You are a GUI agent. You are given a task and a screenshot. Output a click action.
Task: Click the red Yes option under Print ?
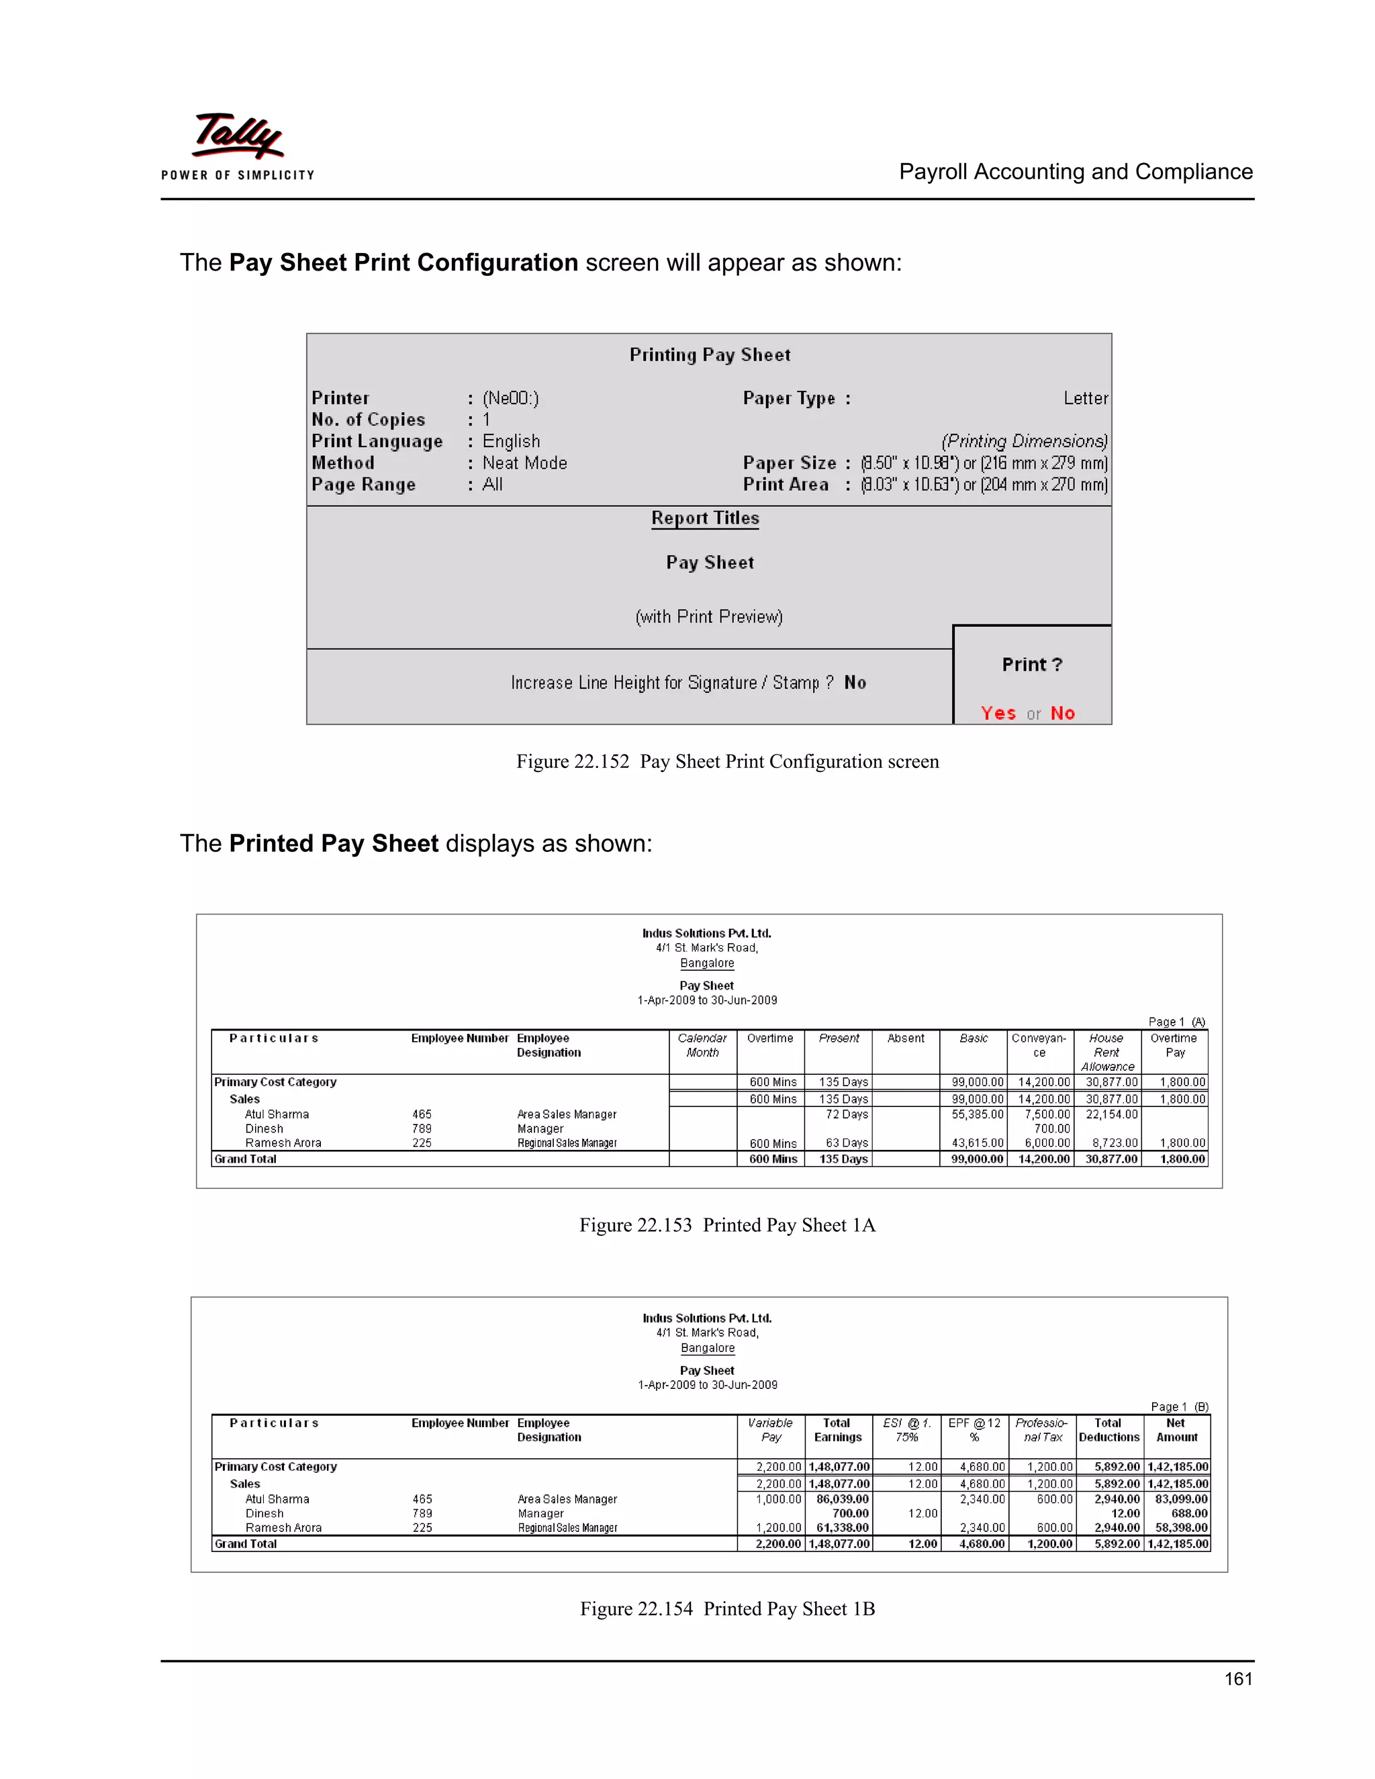pos(998,713)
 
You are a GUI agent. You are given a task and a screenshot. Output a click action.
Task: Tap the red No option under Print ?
pos(1062,713)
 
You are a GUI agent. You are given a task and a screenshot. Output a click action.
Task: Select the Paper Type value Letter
pos(1085,398)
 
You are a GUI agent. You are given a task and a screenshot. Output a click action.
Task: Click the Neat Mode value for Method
pos(524,463)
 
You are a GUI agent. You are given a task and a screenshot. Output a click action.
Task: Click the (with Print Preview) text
pos(709,617)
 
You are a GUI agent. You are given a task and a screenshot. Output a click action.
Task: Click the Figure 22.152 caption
pos(726,762)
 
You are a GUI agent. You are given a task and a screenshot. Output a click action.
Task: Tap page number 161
pos(1237,1678)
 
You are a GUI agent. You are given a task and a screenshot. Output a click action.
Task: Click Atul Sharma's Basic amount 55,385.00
pos(978,1114)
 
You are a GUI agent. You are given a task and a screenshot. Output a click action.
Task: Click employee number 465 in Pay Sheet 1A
pos(422,1114)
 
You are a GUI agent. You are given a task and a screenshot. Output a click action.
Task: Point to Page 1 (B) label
pos(1179,1406)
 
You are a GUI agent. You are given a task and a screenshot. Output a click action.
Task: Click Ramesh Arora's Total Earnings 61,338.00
pos(843,1528)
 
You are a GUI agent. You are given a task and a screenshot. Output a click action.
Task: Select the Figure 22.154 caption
pos(726,1608)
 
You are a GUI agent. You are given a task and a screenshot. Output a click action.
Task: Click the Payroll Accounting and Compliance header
pos(1076,172)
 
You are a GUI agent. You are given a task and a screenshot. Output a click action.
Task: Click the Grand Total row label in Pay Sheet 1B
pos(246,1543)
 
